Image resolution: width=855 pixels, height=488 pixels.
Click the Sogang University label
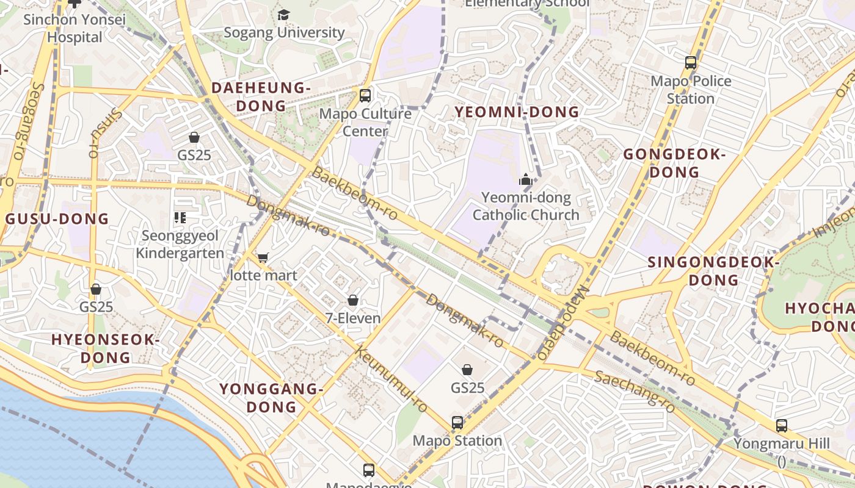[284, 32]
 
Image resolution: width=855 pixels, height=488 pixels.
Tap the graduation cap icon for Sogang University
[283, 15]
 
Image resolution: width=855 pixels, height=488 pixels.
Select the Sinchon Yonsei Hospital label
[75, 28]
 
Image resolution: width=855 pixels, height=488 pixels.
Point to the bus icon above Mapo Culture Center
[365, 95]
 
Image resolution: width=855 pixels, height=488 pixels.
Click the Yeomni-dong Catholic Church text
[526, 206]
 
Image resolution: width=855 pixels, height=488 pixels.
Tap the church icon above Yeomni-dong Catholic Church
[525, 179]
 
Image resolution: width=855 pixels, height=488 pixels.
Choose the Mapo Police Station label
[691, 90]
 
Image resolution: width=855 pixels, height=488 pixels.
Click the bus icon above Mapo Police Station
[691, 62]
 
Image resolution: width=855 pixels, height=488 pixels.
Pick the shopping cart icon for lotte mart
[263, 257]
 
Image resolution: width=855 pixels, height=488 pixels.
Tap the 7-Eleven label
[353, 318]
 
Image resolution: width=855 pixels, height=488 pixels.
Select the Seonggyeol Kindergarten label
[180, 244]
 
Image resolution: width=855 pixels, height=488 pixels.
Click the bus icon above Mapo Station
[457, 422]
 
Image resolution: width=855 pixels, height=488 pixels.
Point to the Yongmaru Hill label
[782, 443]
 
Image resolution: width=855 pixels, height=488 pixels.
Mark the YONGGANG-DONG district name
[270, 398]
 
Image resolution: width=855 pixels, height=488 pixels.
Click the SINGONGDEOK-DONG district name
[713, 271]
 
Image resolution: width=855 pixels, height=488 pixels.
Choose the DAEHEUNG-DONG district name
[261, 96]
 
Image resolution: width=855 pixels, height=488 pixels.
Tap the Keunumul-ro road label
[391, 379]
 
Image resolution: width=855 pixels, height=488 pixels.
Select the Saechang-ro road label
[635, 391]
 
